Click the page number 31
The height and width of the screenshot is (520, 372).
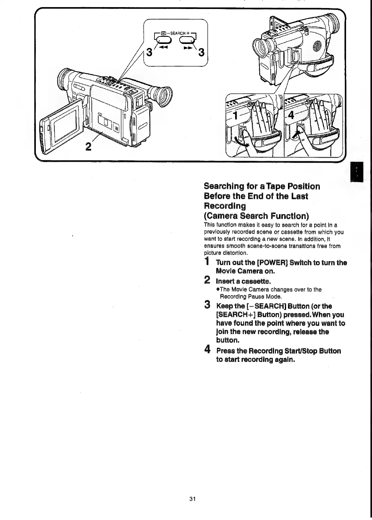click(x=193, y=499)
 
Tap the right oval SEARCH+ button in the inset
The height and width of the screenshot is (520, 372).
click(x=187, y=40)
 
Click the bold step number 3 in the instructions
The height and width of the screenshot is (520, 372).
click(x=208, y=305)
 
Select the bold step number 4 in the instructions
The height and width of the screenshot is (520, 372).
click(x=208, y=350)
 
